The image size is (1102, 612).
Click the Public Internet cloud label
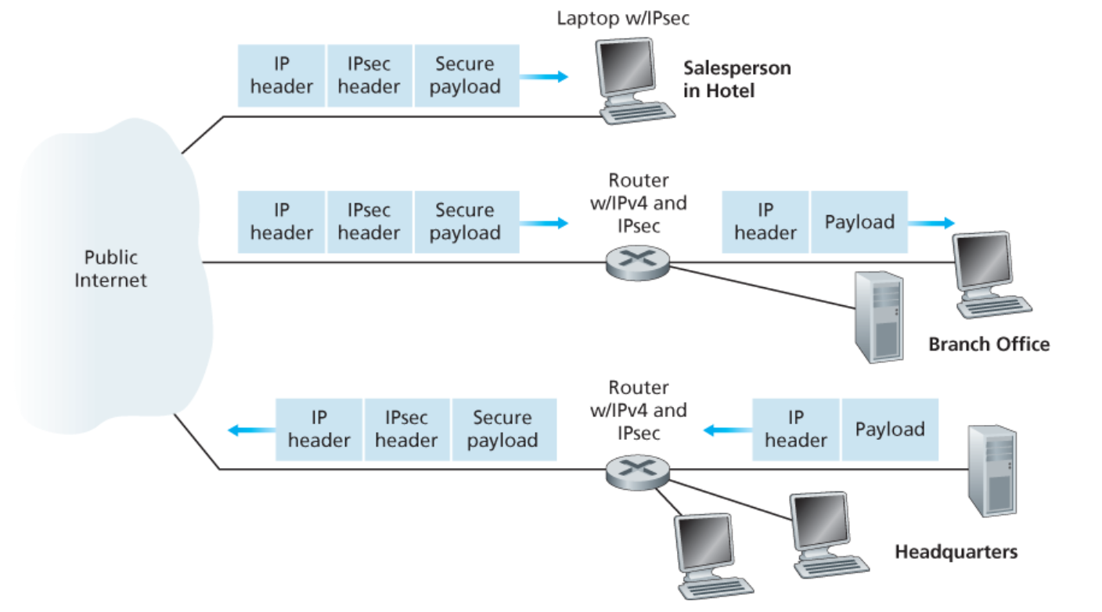coord(110,268)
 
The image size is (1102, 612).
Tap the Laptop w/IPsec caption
coord(623,18)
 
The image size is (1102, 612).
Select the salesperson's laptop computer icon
coord(632,82)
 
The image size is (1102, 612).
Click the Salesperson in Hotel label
coord(736,79)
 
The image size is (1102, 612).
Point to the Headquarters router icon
coord(638,471)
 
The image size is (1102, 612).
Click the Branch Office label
coord(989,344)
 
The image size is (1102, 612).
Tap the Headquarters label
coord(956,552)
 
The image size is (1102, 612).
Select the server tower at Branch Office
coord(878,315)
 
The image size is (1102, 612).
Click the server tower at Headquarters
coord(992,471)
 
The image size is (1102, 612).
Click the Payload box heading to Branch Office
coord(859,222)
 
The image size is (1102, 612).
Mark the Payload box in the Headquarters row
coord(889,430)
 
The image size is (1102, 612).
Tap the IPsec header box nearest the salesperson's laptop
coord(369,76)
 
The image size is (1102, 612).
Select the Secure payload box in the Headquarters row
coord(502,430)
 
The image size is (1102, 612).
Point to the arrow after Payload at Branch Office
coord(931,222)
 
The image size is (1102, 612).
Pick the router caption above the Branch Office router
coord(638,203)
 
